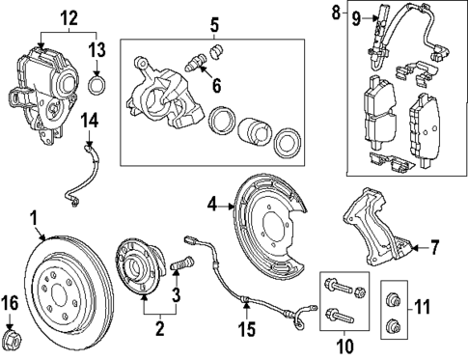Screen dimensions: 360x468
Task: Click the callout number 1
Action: coord(34,219)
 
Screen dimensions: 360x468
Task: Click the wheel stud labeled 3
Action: coord(178,263)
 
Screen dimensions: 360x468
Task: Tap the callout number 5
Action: coord(215,21)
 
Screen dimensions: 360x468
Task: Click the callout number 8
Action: coord(336,14)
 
